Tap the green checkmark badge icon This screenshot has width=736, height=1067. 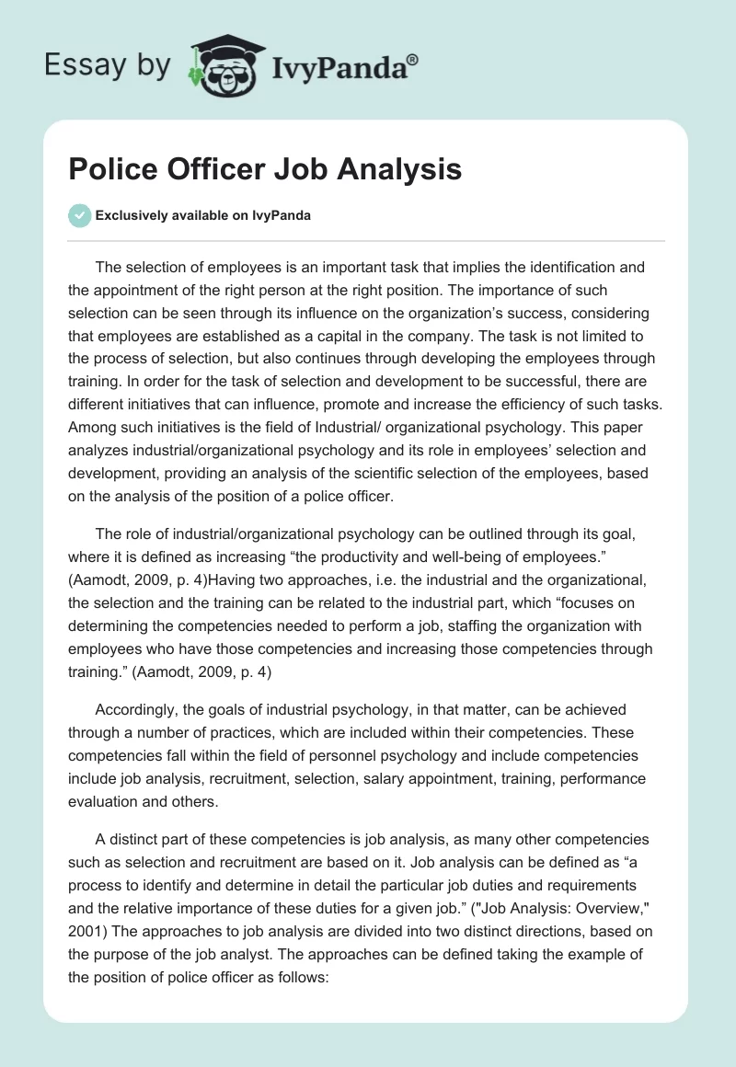click(80, 215)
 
